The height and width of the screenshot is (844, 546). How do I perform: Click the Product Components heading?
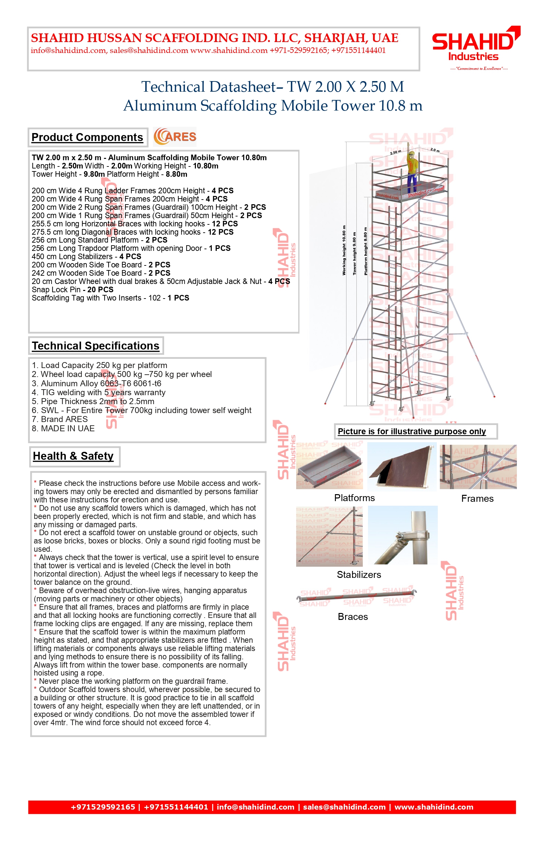[x=87, y=137]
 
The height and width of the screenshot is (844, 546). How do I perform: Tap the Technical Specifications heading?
[x=96, y=346]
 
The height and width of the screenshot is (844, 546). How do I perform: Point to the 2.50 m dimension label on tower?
[x=395, y=152]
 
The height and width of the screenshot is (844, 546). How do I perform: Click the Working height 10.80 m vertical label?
[x=343, y=250]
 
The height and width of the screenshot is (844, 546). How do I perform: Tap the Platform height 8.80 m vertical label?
[x=366, y=252]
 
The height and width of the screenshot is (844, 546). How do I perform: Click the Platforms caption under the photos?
[x=354, y=498]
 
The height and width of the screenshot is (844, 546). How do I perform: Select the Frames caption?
[x=477, y=498]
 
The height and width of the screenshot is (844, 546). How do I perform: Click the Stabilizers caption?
[x=359, y=575]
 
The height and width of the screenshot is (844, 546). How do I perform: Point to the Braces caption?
[x=353, y=617]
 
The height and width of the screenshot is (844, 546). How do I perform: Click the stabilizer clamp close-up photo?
[x=403, y=535]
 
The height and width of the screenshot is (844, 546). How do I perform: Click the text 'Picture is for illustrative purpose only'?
[x=412, y=432]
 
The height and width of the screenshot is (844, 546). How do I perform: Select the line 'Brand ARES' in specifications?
[x=60, y=419]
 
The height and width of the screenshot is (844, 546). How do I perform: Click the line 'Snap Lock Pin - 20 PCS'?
[x=72, y=290]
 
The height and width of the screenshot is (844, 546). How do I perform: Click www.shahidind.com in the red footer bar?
[x=433, y=807]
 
